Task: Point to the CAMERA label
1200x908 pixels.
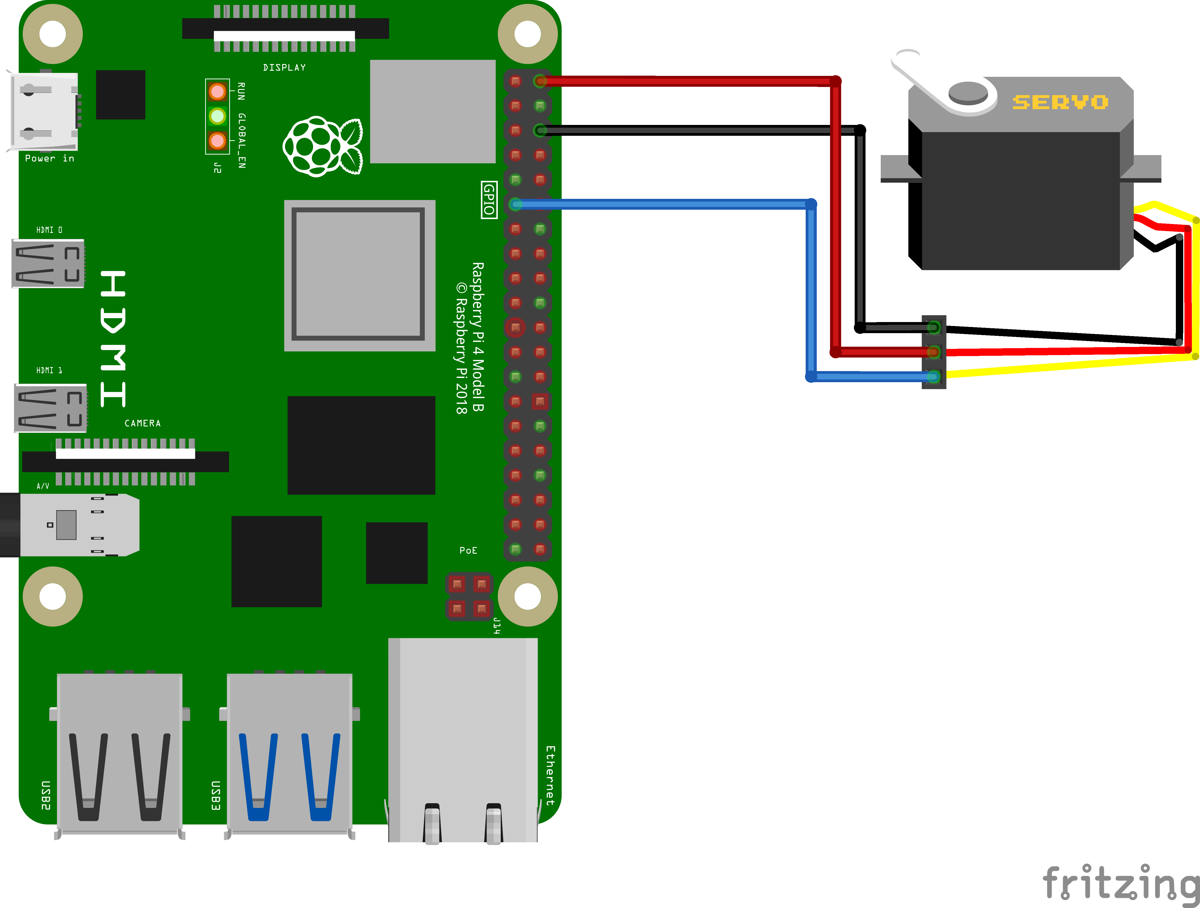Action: pyautogui.click(x=143, y=423)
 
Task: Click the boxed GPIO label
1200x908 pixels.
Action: pyautogui.click(x=489, y=200)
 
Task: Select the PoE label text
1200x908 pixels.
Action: pyautogui.click(x=468, y=550)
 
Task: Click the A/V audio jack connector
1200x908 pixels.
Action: pyautogui.click(x=70, y=525)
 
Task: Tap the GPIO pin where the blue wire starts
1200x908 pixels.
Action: pyautogui.click(x=515, y=204)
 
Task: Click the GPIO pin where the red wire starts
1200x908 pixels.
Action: pyautogui.click(x=540, y=81)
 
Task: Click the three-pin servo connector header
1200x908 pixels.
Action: pyautogui.click(x=934, y=352)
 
